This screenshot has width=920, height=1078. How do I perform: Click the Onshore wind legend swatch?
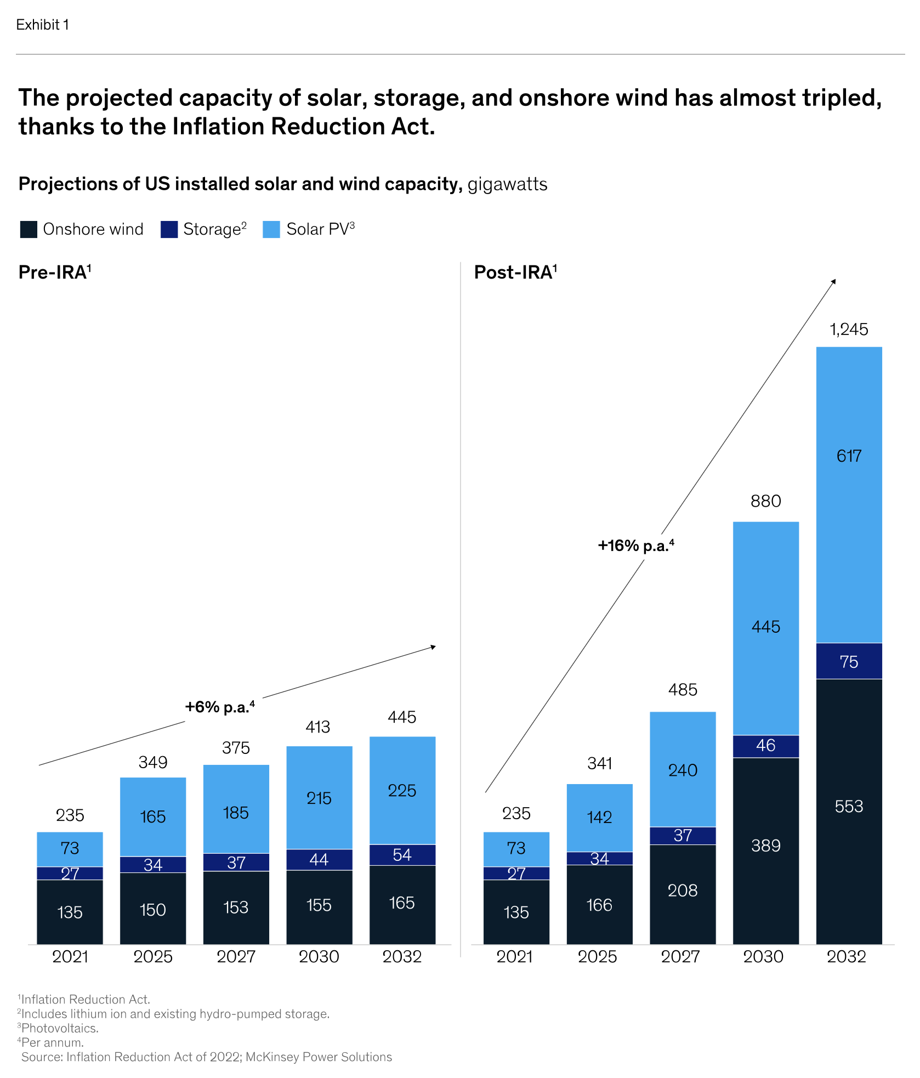point(29,229)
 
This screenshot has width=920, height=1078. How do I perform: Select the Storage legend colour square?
point(169,229)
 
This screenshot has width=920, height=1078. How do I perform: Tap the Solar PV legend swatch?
point(271,229)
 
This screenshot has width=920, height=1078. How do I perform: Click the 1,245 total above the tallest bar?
point(849,330)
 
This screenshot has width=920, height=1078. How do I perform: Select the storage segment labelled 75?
point(849,662)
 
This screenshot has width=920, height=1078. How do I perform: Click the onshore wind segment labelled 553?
point(849,806)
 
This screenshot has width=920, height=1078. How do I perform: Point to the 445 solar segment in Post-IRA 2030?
point(765,626)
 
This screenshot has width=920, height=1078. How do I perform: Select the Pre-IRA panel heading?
point(54,273)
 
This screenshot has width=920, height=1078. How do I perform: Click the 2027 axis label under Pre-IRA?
point(236,957)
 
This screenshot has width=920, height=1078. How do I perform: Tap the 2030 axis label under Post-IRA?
point(763,957)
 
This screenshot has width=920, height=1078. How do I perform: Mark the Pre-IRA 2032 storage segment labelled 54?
point(402,855)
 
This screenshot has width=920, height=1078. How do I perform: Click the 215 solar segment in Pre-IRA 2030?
point(319,798)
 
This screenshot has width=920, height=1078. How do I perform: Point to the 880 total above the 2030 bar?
point(765,501)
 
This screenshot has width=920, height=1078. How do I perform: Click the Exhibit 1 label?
point(42,25)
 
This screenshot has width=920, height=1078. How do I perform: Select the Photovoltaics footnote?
point(59,1028)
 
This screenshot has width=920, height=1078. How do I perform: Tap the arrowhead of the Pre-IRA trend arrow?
point(433,647)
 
